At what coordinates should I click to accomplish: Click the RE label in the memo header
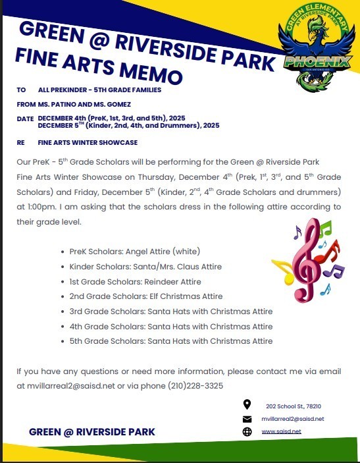tap(21, 142)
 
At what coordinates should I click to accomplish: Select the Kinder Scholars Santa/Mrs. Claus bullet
tap(145, 267)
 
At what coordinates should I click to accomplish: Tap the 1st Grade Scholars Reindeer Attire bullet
tap(135, 281)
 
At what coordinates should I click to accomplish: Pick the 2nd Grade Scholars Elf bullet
tap(145, 296)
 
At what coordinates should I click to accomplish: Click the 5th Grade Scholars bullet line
tap(170, 341)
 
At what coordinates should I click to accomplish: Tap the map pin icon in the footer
tap(247, 405)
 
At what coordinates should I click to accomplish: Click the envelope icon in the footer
tap(247, 419)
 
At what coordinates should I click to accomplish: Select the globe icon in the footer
tap(247, 431)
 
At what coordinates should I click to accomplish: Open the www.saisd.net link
tap(281, 431)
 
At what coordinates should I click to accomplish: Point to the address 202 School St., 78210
tap(293, 406)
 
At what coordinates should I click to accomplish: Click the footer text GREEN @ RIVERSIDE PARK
tap(92, 432)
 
